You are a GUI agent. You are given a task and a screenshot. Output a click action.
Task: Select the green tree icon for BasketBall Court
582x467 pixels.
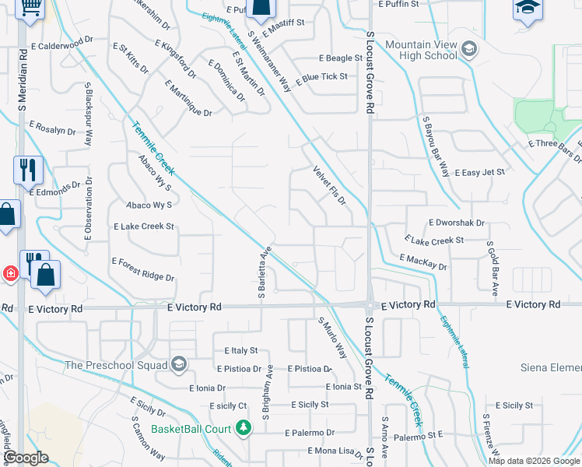(244, 428)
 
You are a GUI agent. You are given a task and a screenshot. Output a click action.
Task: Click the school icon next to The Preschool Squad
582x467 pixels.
(179, 365)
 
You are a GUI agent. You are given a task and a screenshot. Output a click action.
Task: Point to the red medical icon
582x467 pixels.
(11, 273)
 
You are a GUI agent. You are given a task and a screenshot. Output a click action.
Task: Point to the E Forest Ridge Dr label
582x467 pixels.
(143, 269)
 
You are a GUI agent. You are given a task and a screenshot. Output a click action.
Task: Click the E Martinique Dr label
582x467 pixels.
(188, 97)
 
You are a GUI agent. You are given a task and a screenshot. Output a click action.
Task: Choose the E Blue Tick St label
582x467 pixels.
(321, 77)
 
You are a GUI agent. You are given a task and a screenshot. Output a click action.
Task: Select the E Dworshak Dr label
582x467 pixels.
(456, 223)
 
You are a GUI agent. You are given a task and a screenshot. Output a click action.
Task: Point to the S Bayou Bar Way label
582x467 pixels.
(436, 148)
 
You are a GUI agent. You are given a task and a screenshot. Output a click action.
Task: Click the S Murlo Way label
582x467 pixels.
(331, 338)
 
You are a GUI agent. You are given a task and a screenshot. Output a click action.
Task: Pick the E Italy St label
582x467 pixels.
(240, 351)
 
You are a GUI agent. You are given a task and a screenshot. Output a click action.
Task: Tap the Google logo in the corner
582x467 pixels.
(26, 458)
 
